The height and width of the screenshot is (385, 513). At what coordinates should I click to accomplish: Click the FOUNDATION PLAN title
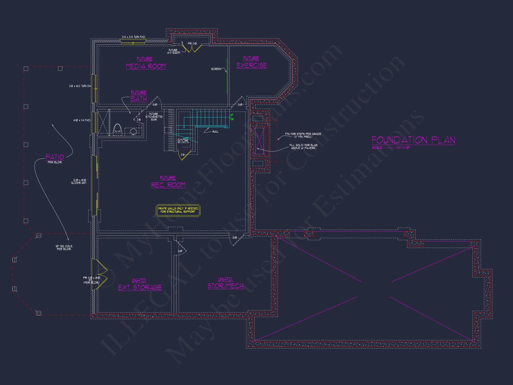pyautogui.click(x=413, y=140)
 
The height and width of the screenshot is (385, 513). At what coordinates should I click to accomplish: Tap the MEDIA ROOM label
pyautogui.click(x=146, y=66)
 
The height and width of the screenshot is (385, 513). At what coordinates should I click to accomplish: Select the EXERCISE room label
pyautogui.click(x=251, y=65)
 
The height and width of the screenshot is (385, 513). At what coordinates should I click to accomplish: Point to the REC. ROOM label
pyautogui.click(x=168, y=185)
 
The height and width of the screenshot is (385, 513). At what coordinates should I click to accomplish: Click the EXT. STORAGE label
pyautogui.click(x=140, y=287)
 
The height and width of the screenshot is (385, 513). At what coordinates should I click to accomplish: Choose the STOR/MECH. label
pyautogui.click(x=226, y=286)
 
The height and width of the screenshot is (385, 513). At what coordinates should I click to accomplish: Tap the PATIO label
pyautogui.click(x=55, y=157)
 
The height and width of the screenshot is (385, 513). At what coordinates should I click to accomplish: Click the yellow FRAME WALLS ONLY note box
pyautogui.click(x=178, y=210)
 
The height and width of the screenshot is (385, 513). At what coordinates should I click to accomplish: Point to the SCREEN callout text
pyautogui.click(x=216, y=69)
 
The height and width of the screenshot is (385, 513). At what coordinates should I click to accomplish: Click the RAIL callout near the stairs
pyautogui.click(x=215, y=132)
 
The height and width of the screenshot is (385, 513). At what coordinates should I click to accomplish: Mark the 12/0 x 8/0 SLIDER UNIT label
pyautogui.click(x=79, y=181)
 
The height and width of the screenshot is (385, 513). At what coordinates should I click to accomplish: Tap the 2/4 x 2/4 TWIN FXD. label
pyautogui.click(x=134, y=37)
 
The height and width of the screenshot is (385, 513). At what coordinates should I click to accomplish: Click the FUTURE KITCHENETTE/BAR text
pyautogui.click(x=154, y=117)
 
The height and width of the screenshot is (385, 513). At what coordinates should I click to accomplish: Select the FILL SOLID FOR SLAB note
pyautogui.click(x=303, y=147)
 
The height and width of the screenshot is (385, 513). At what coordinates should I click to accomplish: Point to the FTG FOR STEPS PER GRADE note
pyautogui.click(x=303, y=135)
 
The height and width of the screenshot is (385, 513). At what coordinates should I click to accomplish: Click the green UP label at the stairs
pyautogui.click(x=232, y=115)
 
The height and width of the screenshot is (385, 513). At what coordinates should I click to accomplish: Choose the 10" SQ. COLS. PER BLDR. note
pyautogui.click(x=64, y=247)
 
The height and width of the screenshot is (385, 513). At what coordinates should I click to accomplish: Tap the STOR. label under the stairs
pyautogui.click(x=183, y=141)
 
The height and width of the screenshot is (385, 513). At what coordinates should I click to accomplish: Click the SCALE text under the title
pyautogui.click(x=391, y=148)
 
